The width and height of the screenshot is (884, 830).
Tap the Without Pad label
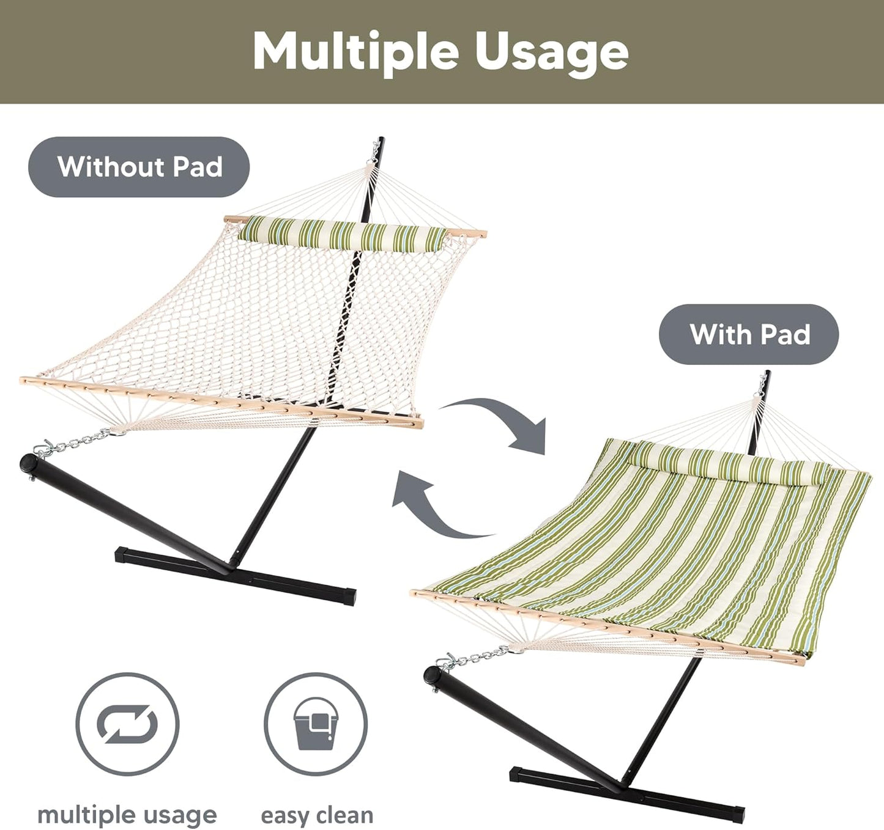click(x=139, y=167)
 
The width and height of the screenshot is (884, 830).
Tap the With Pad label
click(x=749, y=334)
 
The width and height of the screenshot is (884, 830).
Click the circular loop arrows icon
click(x=127, y=724)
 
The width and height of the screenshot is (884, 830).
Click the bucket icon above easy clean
click(x=316, y=724)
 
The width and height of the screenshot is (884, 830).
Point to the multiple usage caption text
click(x=127, y=815)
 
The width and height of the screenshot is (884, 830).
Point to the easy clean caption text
click(x=316, y=815)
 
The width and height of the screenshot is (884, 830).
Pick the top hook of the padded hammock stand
click(x=763, y=383)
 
